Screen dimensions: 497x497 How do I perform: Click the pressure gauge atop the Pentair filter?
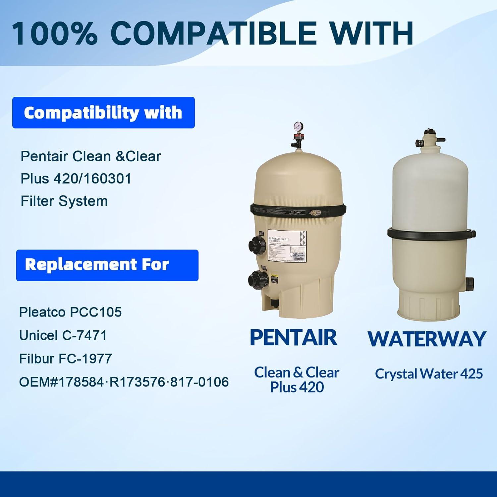(x=296, y=128)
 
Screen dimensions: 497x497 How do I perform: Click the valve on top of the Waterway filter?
(x=430, y=141)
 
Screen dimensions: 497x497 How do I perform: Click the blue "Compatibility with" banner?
(x=103, y=113)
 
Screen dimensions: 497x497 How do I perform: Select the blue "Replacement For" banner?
(x=107, y=265)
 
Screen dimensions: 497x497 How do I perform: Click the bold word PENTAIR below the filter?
(x=294, y=338)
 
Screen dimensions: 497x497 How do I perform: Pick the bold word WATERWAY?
(x=427, y=339)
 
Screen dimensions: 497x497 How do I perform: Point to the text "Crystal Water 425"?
(x=429, y=374)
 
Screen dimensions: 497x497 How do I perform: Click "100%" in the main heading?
(x=55, y=33)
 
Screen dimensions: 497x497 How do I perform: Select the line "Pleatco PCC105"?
(x=70, y=312)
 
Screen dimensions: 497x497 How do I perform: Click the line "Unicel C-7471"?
(x=63, y=336)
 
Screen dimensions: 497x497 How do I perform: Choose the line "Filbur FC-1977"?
(x=66, y=359)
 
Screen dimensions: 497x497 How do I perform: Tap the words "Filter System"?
(x=64, y=201)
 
